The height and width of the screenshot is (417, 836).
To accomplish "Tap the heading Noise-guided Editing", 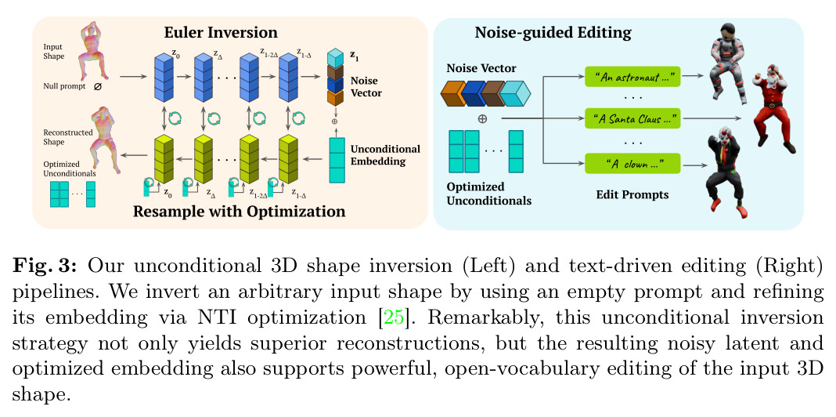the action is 553,33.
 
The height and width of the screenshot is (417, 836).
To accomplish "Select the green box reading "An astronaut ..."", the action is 632,78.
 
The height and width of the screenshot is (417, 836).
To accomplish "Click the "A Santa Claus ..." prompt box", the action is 632,118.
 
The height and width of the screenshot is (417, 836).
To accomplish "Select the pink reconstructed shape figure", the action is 105,140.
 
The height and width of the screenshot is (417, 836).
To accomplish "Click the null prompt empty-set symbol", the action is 96,86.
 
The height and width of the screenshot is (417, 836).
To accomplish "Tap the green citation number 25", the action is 394,317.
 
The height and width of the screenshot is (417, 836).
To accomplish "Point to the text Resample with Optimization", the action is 239,212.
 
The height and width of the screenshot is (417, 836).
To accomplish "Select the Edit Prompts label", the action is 632,195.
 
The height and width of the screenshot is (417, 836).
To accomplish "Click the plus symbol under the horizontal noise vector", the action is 482,119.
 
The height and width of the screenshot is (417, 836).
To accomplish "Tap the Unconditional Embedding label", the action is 385,154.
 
